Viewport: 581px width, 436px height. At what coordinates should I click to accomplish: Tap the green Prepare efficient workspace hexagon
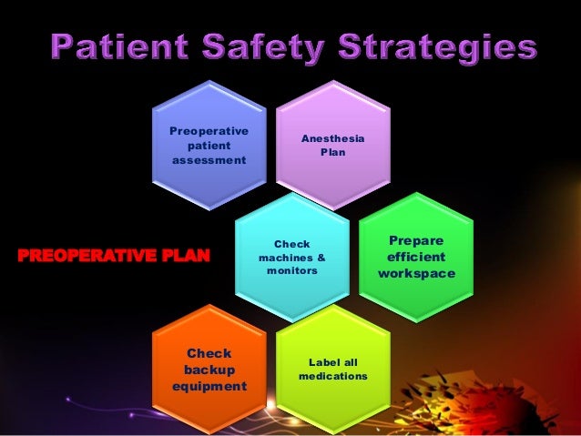pos(416,257)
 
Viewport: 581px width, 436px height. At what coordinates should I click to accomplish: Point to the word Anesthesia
pos(333,137)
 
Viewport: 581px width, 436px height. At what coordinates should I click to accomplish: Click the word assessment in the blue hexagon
pos(209,160)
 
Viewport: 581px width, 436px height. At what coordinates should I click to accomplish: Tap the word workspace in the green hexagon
pos(416,274)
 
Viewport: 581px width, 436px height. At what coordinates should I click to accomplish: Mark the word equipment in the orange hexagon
pos(209,386)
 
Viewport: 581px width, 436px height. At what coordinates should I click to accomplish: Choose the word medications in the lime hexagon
pos(332,376)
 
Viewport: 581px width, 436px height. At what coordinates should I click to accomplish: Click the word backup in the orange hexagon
pos(209,370)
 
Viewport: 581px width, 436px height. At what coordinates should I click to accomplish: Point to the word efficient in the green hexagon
pos(416,257)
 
